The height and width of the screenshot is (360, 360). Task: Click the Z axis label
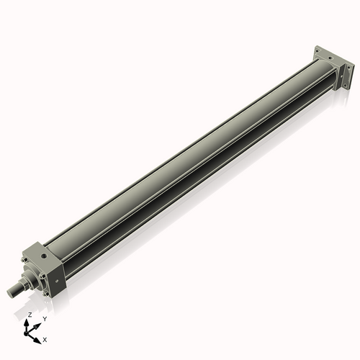(30, 315)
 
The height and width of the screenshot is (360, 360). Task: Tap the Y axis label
(45, 319)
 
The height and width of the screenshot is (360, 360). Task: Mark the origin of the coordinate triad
(26, 333)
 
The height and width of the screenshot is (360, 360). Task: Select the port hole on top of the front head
(44, 256)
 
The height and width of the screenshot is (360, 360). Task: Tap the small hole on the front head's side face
(57, 281)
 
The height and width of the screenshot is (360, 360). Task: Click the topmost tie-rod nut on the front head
(24, 259)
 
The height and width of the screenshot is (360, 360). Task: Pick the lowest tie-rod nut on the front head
(46, 294)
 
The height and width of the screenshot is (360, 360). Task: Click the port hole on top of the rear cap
(330, 58)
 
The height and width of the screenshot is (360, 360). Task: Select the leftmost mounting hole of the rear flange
(317, 51)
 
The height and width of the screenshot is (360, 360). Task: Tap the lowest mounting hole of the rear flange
(346, 85)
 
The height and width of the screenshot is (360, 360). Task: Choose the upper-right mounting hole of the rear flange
(348, 67)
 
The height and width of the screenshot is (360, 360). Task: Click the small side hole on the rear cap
(341, 76)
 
